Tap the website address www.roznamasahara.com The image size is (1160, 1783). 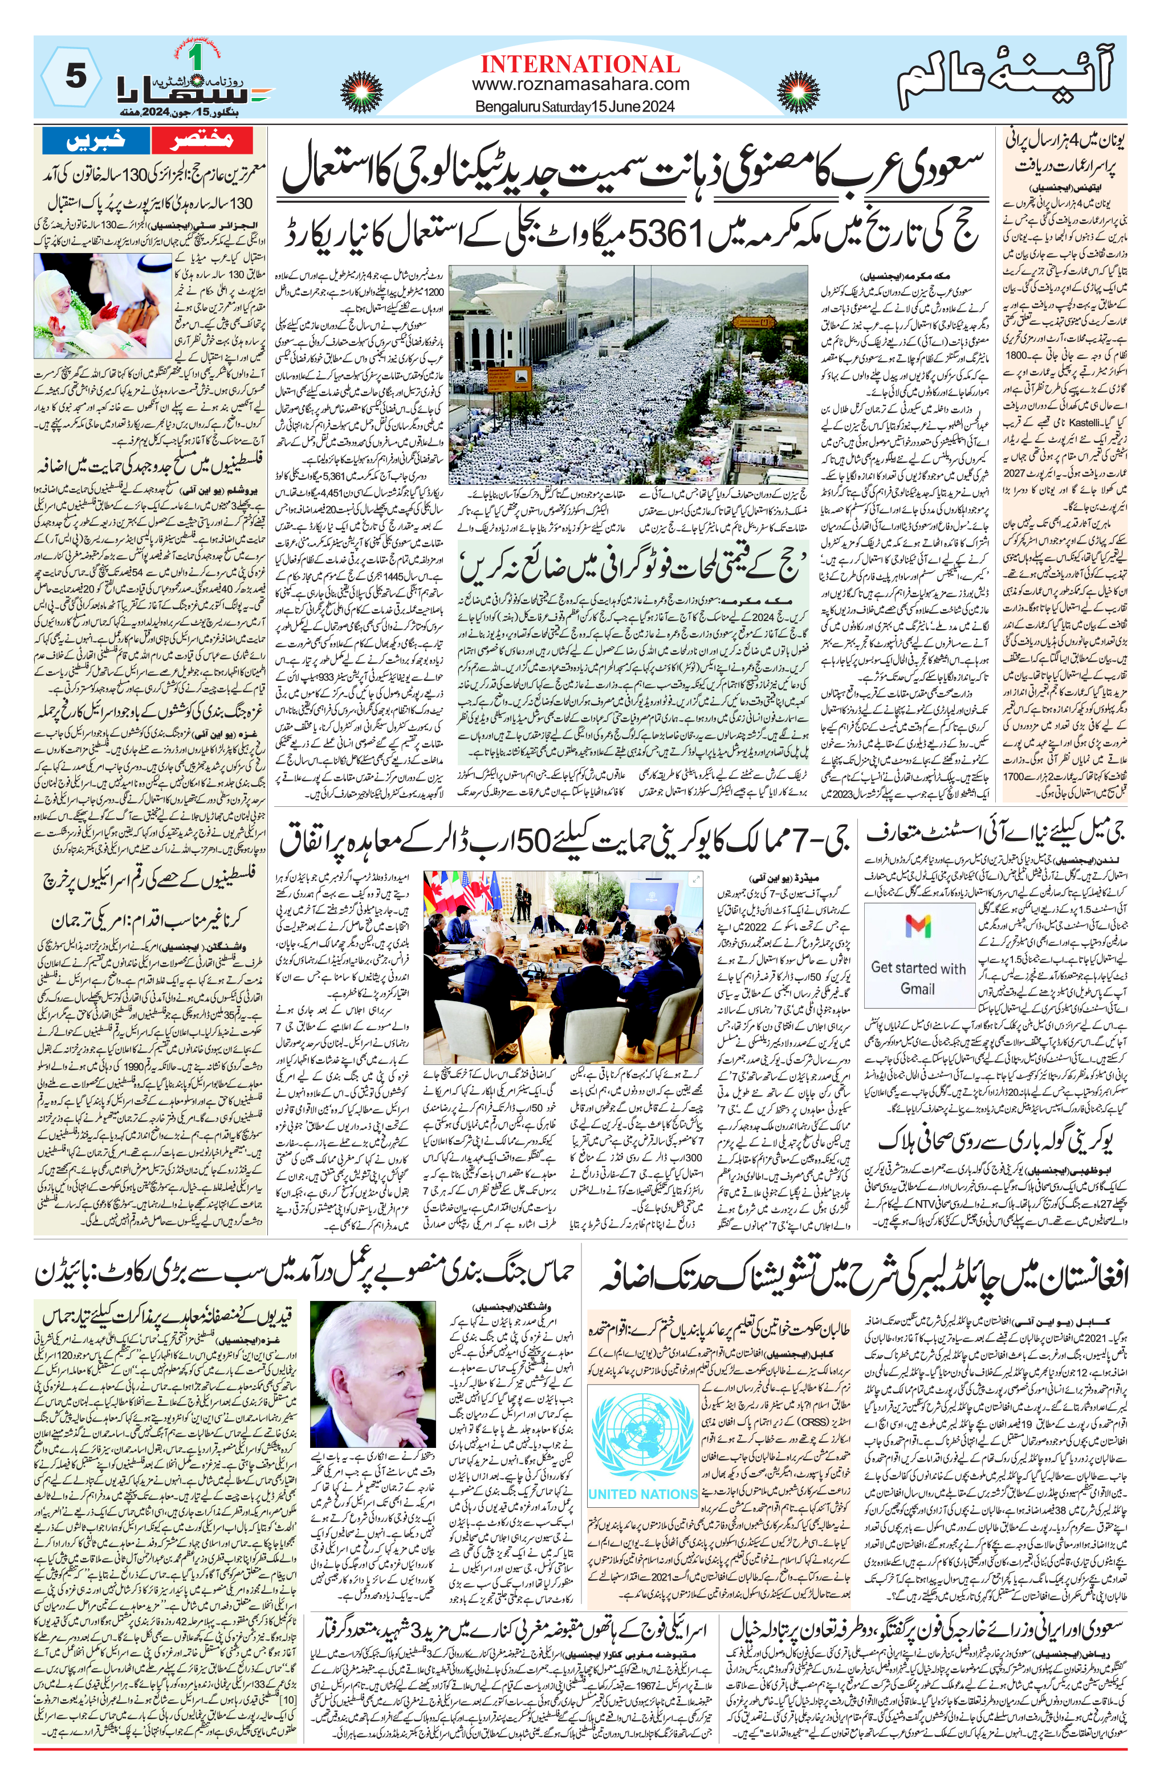[581, 85]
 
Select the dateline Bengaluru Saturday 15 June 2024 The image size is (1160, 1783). [575, 107]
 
